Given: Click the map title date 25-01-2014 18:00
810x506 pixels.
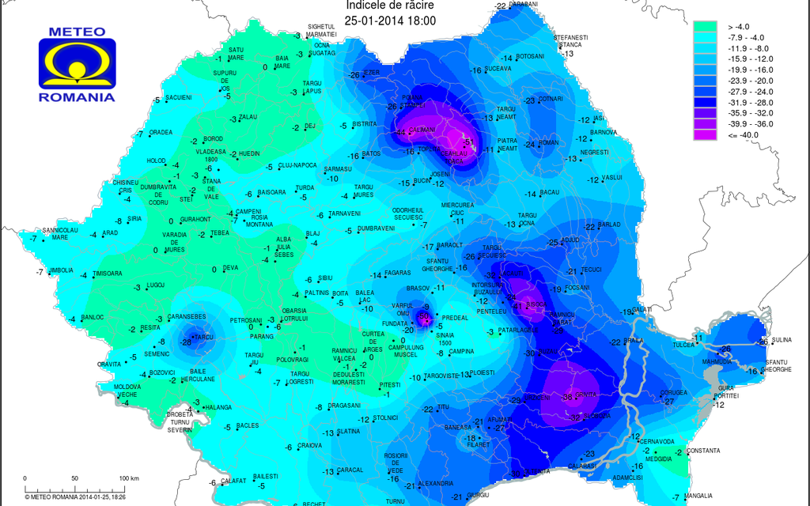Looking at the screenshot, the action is pos(391,20).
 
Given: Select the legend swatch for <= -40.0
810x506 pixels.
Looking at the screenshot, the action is pos(706,135).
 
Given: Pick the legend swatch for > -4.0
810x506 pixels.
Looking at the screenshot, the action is pos(706,26).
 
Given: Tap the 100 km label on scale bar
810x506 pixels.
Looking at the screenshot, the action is pos(129,478).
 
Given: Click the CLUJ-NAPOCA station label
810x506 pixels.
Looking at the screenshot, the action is pos(298,165).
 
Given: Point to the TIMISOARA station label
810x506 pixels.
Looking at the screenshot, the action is pos(108,274).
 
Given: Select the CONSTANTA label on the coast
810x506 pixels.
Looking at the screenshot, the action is pos(704,451).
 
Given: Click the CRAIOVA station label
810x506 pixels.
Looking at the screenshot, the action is pos(310,445).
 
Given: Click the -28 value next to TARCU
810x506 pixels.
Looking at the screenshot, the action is pos(187,342).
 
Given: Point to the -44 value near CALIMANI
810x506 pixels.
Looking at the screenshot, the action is pos(400,132).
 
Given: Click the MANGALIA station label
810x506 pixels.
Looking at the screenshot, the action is pos(698,496).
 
